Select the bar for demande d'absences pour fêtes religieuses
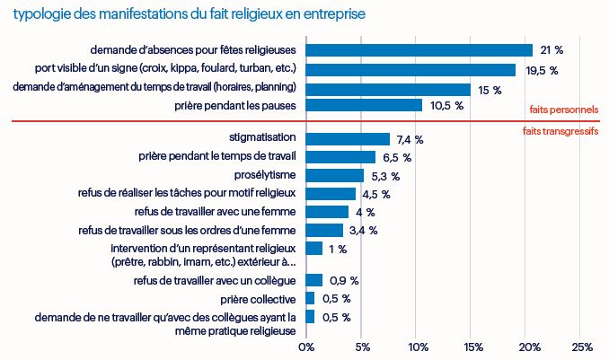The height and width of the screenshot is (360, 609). [x=419, y=50]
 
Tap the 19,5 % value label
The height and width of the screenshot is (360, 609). [x=542, y=70]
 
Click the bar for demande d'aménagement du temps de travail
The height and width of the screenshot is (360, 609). [x=388, y=89]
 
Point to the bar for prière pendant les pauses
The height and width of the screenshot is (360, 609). [x=364, y=106]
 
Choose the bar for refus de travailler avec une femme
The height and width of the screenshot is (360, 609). [x=327, y=212]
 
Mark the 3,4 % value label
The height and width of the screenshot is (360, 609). [x=363, y=230]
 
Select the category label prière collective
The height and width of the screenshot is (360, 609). [x=260, y=299]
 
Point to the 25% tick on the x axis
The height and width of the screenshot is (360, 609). [x=581, y=347]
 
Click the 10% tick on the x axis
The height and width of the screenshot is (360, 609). [x=417, y=347]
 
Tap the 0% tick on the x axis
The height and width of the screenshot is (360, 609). [x=306, y=347]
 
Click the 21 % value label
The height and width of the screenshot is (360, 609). [x=551, y=50]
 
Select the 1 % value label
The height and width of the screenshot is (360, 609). [x=338, y=249]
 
